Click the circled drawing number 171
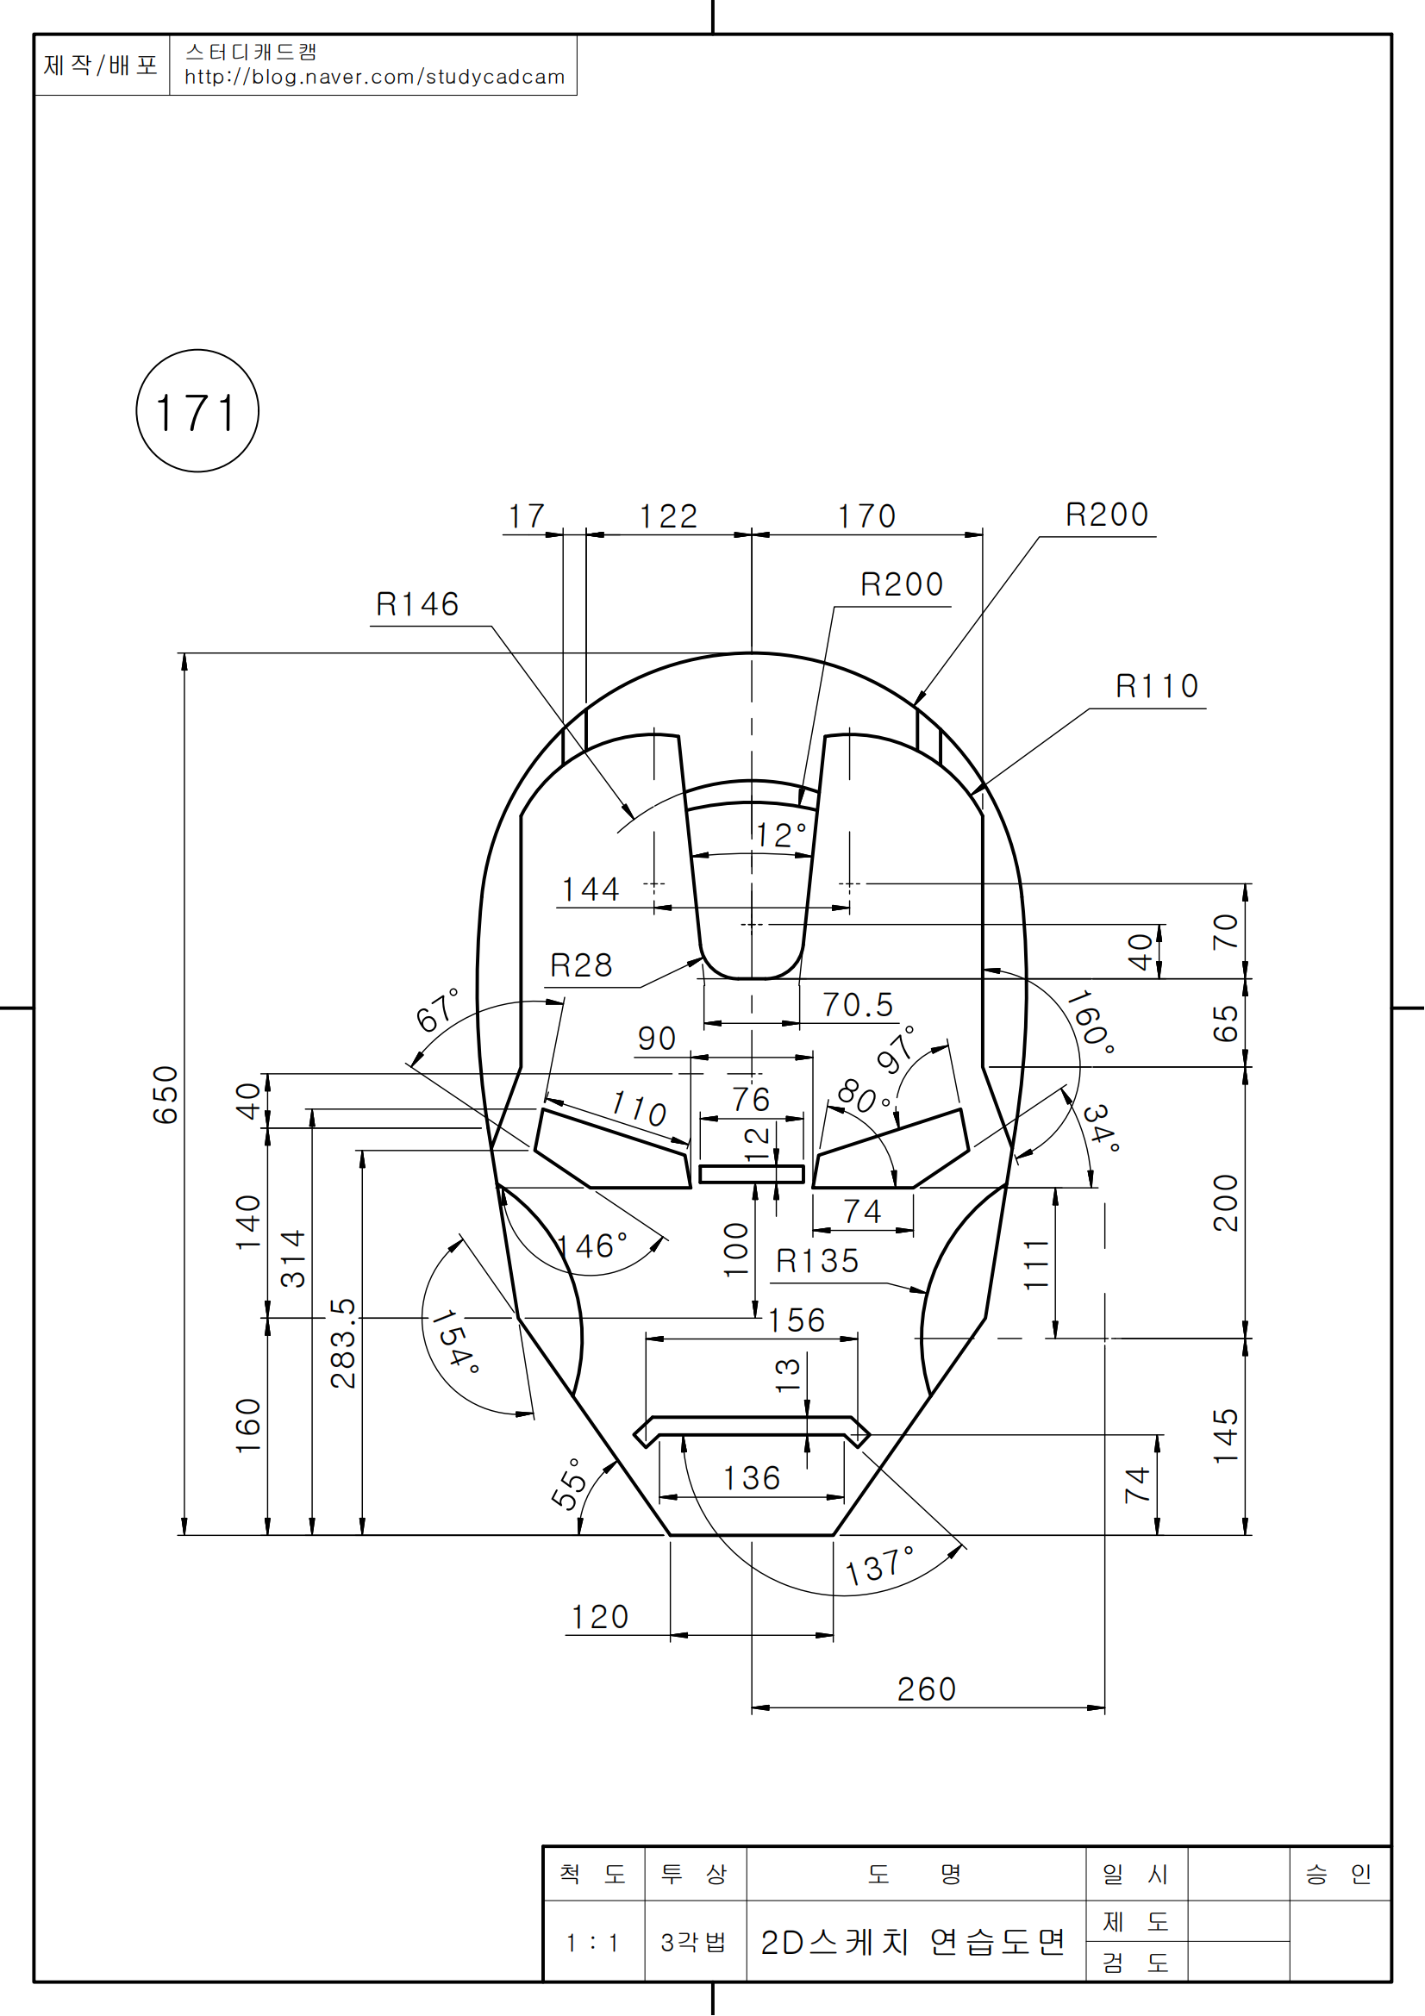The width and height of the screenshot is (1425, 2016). coord(197,412)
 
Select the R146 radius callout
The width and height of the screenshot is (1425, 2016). coord(417,605)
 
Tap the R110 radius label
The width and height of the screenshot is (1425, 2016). coord(1156,687)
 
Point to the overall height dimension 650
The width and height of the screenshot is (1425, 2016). coord(165,1095)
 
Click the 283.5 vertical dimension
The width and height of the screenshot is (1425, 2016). coord(343,1344)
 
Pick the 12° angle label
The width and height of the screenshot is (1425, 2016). coord(780,835)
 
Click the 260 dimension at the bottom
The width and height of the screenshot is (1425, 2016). coord(927,1689)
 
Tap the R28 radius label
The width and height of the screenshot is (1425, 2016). coord(580,966)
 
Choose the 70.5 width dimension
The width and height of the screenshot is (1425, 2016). coord(857,1005)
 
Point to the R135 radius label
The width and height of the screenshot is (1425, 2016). coord(816,1262)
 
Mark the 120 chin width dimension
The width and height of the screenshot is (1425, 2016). coord(600,1617)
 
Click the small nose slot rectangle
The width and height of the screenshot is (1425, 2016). coord(752,1174)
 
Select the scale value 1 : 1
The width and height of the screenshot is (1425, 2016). coord(592,1943)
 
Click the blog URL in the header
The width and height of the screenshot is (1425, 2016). coord(374,78)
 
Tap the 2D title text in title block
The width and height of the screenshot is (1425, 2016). coord(912,1942)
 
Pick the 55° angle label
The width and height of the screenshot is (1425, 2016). coord(569,1484)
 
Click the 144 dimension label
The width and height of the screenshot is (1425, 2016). coord(590,890)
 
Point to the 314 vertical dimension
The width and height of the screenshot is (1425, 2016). coord(292,1258)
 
